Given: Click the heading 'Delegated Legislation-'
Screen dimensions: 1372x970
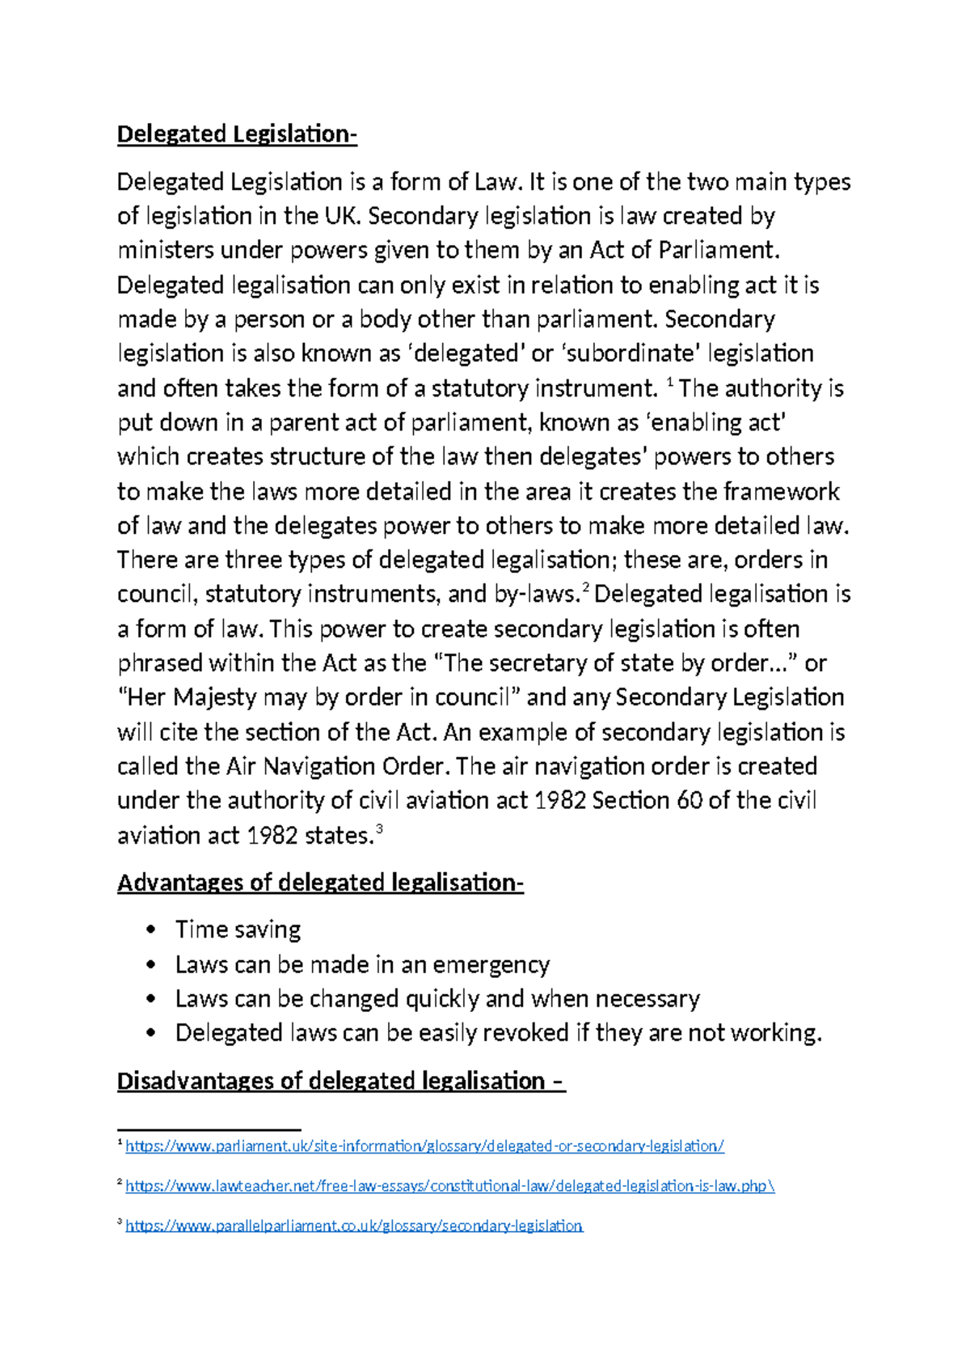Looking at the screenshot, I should click(237, 134).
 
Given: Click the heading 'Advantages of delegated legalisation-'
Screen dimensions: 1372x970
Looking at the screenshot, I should click(320, 883).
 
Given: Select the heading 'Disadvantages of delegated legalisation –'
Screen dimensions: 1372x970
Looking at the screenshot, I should click(340, 1082).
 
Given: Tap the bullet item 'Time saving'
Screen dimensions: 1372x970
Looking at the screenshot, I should click(238, 929).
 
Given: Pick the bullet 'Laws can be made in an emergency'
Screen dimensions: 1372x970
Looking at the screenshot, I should click(362, 965).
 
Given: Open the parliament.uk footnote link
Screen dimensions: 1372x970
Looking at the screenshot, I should click(424, 1146).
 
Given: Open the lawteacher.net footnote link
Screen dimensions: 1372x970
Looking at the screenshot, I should click(449, 1187).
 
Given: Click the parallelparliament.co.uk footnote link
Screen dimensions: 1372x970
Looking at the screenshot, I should click(353, 1226).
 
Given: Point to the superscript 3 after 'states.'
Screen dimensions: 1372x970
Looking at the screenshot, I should click(379, 828).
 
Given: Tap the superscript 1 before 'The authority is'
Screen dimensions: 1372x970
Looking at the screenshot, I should click(669, 382).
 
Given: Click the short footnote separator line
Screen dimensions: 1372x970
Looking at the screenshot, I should click(209, 1129).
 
